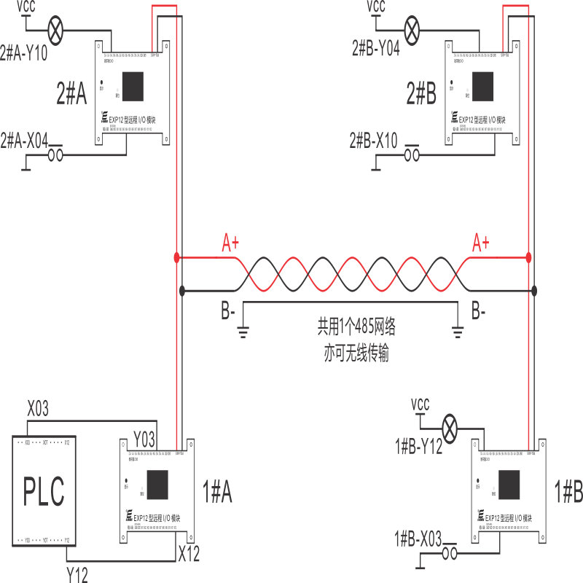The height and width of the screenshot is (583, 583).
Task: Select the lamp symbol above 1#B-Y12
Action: pyautogui.click(x=452, y=428)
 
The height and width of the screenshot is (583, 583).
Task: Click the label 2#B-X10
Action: pyautogui.click(x=374, y=140)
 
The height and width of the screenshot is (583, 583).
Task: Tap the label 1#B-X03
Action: pyautogui.click(x=418, y=539)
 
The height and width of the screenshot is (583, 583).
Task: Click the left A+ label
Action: pyautogui.click(x=231, y=243)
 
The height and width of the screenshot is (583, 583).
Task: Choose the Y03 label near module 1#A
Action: pyautogui.click(x=144, y=439)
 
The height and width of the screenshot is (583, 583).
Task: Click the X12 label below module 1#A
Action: pyautogui.click(x=189, y=553)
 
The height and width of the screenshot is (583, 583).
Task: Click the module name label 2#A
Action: pyautogui.click(x=71, y=93)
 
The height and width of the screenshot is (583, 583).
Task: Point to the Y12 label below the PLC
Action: pyautogui.click(x=77, y=575)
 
